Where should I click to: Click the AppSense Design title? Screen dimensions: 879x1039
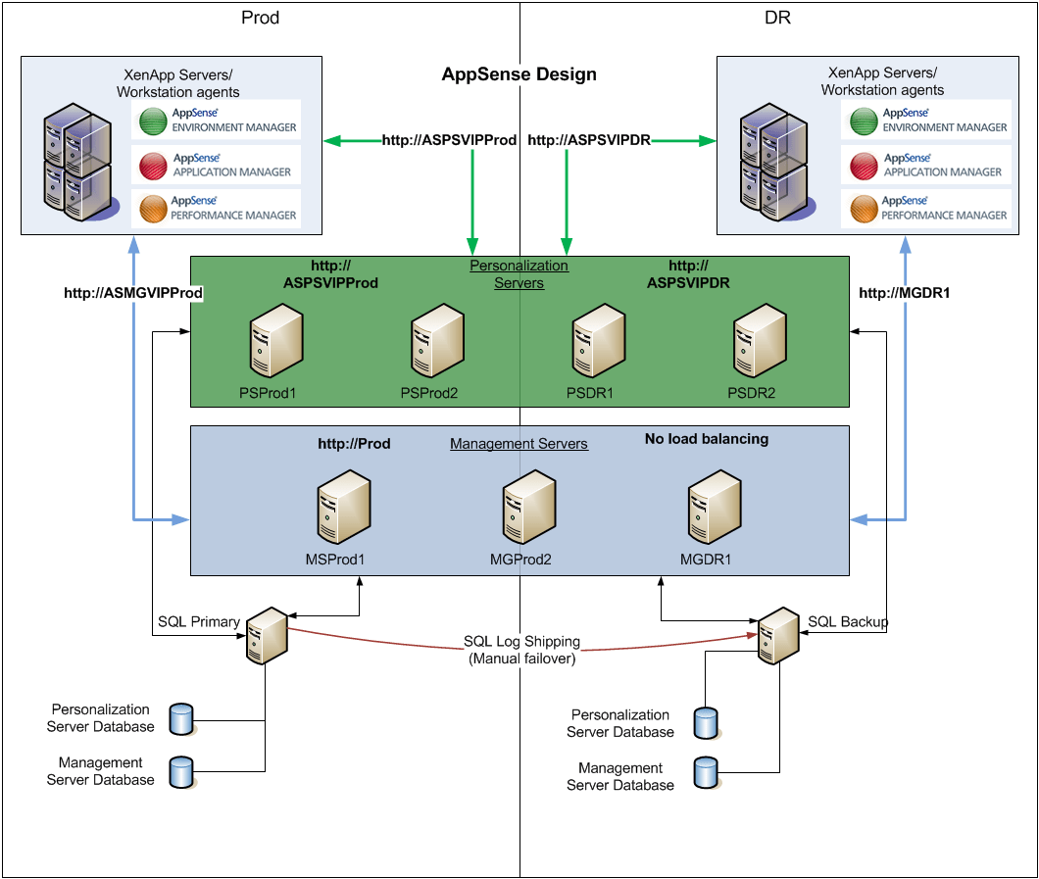[519, 74]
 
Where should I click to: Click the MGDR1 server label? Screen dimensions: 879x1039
[705, 561]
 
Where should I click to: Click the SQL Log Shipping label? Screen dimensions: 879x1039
[521, 642]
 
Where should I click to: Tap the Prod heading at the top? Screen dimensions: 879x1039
[260, 19]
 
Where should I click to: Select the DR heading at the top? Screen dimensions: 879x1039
[778, 19]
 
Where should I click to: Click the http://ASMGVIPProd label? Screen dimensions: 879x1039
[133, 293]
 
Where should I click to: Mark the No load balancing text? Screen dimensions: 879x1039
[706, 439]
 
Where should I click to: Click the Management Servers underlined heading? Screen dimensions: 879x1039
[519, 444]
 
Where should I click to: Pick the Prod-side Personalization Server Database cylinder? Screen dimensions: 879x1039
[181, 718]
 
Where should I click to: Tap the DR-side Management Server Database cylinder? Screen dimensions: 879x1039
[705, 773]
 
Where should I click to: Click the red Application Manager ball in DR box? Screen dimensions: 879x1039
[864, 166]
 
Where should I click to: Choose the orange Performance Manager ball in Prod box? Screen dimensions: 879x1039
[154, 209]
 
